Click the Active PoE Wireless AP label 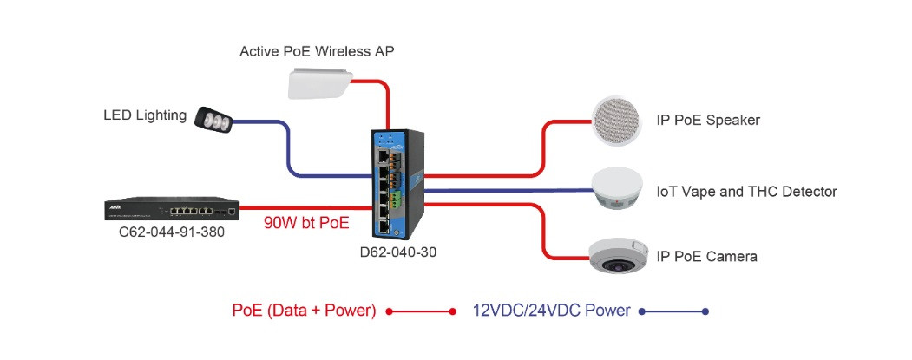tap(316, 52)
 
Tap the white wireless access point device tap(321, 84)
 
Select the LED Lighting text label tap(145, 115)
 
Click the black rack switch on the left tap(171, 209)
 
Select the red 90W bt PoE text tap(306, 223)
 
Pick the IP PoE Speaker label tap(708, 120)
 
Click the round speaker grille tap(620, 121)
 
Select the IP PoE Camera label tap(707, 256)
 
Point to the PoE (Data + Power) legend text tap(304, 311)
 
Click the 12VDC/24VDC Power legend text tap(551, 311)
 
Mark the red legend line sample tap(421, 311)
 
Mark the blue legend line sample tap(673, 311)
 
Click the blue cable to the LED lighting tap(287, 147)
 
